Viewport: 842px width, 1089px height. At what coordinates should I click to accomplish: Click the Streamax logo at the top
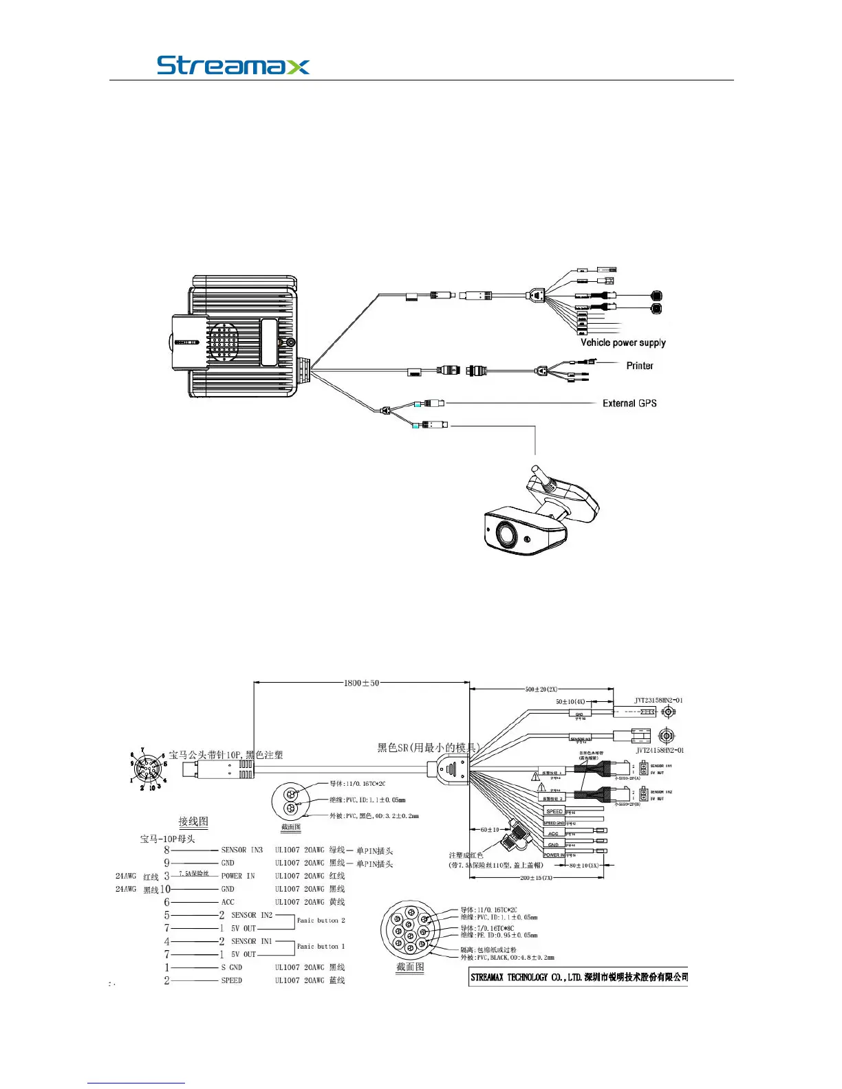point(233,65)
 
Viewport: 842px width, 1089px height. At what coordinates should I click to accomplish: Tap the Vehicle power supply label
point(623,342)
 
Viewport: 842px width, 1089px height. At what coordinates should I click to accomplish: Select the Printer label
point(639,366)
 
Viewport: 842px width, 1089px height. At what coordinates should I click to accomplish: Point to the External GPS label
point(629,404)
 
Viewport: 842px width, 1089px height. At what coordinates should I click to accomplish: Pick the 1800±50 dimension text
point(361,683)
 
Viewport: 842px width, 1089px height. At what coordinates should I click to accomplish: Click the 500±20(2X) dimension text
point(541,689)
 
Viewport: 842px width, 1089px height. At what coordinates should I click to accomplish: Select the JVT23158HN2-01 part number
point(658,701)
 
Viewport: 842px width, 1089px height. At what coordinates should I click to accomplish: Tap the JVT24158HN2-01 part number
point(659,750)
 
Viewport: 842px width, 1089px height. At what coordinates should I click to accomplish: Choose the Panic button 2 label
point(321,921)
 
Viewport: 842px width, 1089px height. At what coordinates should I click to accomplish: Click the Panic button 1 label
point(321,947)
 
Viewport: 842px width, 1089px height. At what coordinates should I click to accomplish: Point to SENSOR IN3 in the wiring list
point(241,850)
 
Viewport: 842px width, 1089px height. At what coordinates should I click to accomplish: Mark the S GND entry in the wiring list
point(231,967)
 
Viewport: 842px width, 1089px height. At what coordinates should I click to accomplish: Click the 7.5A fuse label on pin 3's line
point(193,874)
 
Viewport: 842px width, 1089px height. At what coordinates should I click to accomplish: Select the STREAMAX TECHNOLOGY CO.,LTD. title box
point(579,977)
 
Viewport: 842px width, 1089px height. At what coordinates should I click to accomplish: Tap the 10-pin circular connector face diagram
point(149,769)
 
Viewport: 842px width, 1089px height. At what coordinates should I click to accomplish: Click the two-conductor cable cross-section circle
point(290,802)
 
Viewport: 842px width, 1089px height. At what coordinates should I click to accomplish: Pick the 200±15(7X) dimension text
point(536,878)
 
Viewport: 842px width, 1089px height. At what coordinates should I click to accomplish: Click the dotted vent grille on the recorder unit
point(224,342)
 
